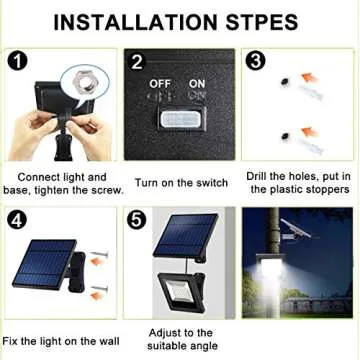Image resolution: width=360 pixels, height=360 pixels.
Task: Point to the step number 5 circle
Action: point(137,218)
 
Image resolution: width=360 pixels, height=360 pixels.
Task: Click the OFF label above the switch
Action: point(161,84)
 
